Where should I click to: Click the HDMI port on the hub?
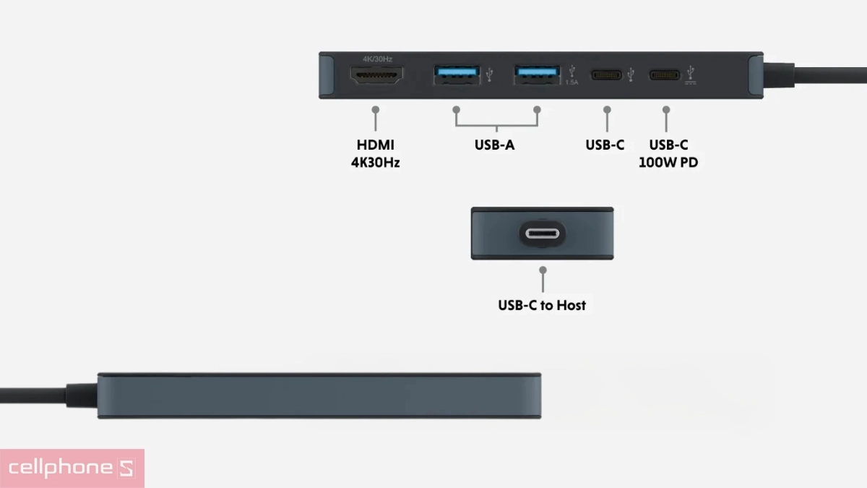pos(376,74)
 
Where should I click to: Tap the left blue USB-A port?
pos(456,74)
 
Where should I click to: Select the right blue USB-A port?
pos(537,74)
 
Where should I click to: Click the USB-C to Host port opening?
pos(542,234)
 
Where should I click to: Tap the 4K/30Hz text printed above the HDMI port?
pos(377,59)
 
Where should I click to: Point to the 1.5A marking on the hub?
pos(572,82)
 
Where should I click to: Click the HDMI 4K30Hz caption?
pos(375,153)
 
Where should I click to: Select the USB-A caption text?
pos(495,145)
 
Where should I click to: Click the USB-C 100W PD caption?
pos(668,153)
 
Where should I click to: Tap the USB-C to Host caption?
pos(542,305)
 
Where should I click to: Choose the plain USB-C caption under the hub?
pos(605,145)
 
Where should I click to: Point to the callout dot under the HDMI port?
pos(376,110)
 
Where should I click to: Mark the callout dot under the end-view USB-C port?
pos(543,270)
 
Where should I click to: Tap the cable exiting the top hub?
pos(816,75)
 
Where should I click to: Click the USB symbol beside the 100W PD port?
pos(691,73)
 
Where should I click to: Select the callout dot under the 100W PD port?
pos(666,110)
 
